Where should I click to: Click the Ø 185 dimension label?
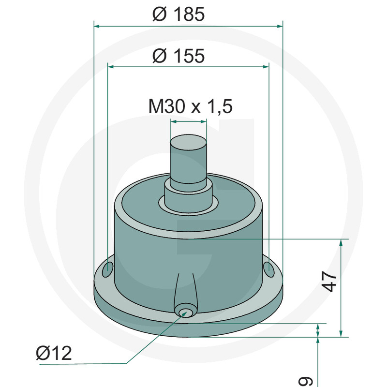[x=179, y=14]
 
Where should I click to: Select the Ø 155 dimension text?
[x=179, y=56]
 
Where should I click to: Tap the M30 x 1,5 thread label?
[x=190, y=106]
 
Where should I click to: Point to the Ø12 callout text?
[x=54, y=353]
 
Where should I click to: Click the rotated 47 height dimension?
[x=329, y=282]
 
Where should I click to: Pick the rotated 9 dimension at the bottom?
[x=306, y=381]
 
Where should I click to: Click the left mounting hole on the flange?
[x=108, y=269]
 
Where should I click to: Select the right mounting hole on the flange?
[x=268, y=269]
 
